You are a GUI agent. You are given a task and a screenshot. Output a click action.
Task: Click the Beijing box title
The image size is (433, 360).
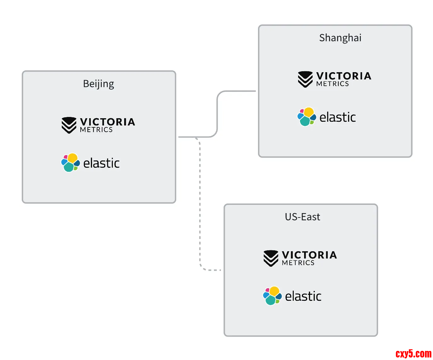pyautogui.click(x=98, y=84)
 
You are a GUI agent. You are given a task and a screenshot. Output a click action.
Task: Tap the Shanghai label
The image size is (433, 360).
pyautogui.click(x=340, y=38)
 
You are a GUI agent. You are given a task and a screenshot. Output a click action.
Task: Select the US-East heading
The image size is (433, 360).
pyautogui.click(x=302, y=217)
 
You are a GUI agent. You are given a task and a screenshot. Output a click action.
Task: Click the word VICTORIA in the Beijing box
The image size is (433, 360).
pyautogui.click(x=107, y=122)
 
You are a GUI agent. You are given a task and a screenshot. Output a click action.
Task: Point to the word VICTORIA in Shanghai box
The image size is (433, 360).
pyautogui.click(x=344, y=76)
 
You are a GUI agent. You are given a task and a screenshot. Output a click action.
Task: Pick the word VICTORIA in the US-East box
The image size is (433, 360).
pyautogui.click(x=309, y=255)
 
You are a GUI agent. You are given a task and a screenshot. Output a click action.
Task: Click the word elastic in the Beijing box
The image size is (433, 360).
pyautogui.click(x=101, y=163)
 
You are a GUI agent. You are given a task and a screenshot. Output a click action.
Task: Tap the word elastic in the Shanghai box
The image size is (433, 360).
pyautogui.click(x=338, y=117)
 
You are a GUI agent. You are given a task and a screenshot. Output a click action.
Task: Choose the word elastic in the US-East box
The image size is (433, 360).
pyautogui.click(x=303, y=296)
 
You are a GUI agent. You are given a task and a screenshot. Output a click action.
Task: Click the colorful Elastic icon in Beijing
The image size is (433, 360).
pyautogui.click(x=70, y=163)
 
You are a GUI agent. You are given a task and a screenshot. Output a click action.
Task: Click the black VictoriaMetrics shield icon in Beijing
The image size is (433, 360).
pyautogui.click(x=69, y=125)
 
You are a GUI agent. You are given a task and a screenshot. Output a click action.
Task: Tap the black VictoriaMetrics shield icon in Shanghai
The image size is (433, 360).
pyautogui.click(x=305, y=79)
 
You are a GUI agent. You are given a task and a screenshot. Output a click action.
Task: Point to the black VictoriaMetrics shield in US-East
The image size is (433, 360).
pyautogui.click(x=271, y=258)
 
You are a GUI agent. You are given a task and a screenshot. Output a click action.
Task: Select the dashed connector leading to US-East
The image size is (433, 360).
pyautogui.click(x=200, y=205)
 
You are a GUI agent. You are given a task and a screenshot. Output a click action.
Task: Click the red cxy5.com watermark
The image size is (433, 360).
pyautogui.click(x=413, y=354)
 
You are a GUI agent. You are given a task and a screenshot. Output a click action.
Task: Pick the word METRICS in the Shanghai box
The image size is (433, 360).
pyautogui.click(x=332, y=84)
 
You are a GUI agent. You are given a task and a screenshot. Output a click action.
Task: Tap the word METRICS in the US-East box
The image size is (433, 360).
pyautogui.click(x=298, y=263)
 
